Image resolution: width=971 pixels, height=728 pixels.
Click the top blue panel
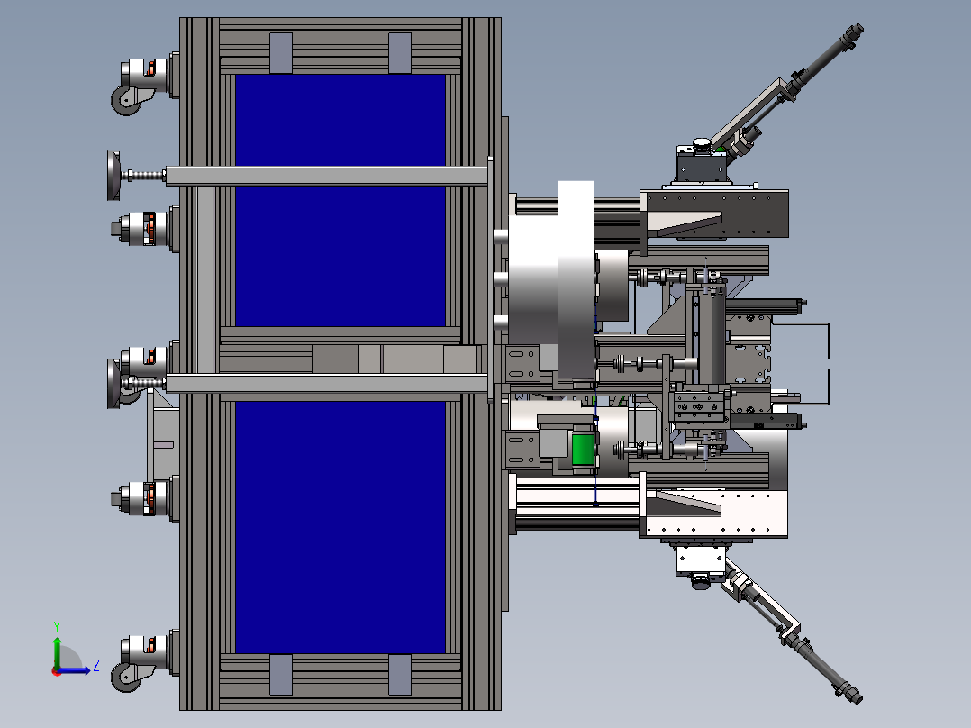(x=340, y=120)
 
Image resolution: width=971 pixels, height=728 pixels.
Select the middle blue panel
(x=340, y=256)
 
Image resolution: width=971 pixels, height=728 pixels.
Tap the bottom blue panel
(x=340, y=527)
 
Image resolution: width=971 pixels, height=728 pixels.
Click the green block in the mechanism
(x=582, y=450)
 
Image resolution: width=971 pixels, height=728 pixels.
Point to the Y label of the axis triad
(x=57, y=627)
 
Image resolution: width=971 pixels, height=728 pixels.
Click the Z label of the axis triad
(x=96, y=666)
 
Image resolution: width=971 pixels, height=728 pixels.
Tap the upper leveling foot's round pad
(x=113, y=176)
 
